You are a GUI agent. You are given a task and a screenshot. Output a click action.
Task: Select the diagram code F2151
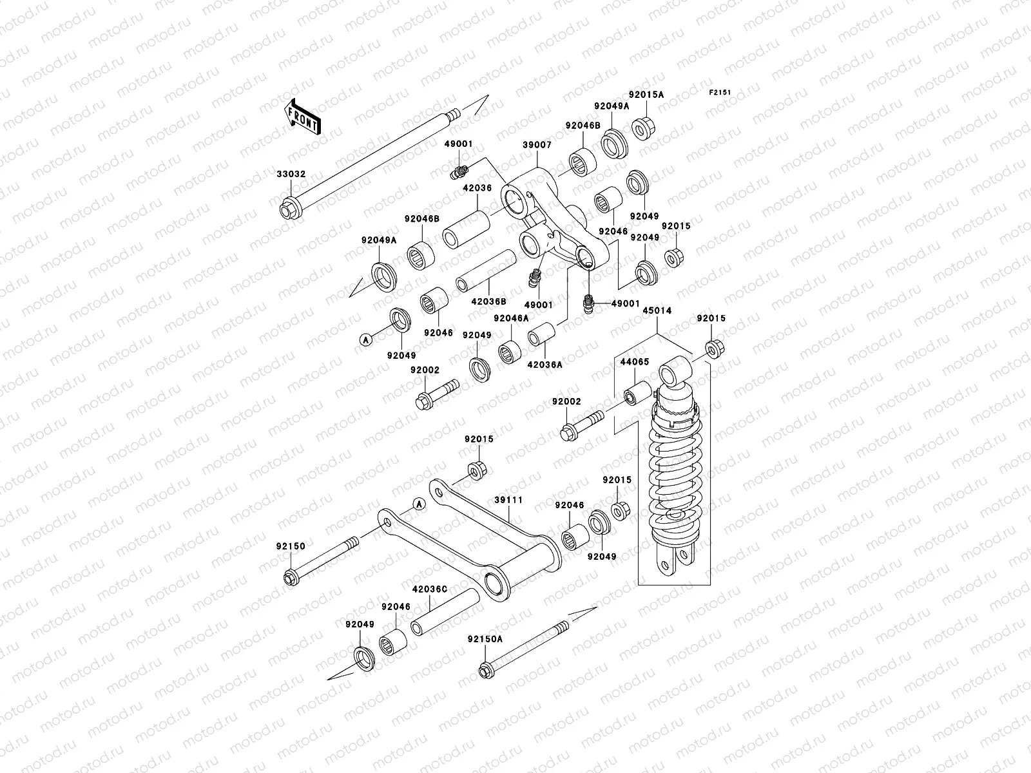tap(720, 92)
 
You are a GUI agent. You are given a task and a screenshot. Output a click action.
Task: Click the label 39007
tap(537, 146)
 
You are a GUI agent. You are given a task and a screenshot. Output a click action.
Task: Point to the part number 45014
tap(657, 310)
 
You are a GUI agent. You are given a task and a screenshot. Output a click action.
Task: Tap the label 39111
tap(508, 500)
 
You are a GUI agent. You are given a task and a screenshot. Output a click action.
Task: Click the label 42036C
tap(430, 588)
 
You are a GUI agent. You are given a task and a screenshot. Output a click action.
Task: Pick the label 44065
tap(635, 362)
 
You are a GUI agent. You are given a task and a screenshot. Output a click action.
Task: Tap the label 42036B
tap(488, 301)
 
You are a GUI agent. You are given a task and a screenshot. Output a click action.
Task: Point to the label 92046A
tap(511, 318)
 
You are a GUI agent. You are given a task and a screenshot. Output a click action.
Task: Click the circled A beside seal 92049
tap(365, 339)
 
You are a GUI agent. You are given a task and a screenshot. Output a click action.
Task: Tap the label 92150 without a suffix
tap(291, 546)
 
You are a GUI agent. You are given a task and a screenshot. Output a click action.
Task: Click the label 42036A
tap(545, 364)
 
